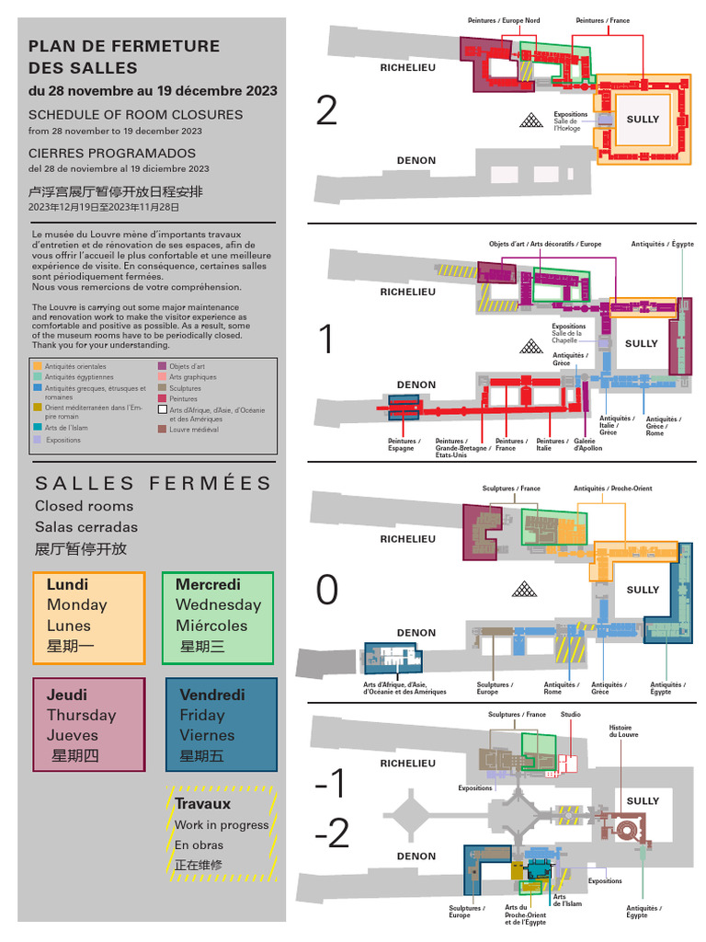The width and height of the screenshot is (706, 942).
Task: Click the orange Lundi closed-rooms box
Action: click(89, 618)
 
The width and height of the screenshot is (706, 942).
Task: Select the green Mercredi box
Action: click(218, 618)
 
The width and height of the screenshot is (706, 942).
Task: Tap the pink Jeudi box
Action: click(89, 725)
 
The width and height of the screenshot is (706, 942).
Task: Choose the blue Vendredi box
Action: click(222, 725)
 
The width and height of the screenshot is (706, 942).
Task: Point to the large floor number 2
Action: click(326, 111)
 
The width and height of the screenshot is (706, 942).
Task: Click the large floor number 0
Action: click(326, 591)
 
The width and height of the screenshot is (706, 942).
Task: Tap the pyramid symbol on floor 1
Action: click(530, 346)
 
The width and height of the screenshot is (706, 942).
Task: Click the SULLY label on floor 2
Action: click(643, 120)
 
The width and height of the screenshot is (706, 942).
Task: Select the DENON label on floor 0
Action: click(416, 633)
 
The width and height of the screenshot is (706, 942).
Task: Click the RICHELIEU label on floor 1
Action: click(408, 292)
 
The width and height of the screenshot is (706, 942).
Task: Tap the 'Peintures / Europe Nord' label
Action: click(504, 20)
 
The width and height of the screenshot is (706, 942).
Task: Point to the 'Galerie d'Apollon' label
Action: click(588, 444)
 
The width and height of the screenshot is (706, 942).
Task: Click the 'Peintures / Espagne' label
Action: click(404, 444)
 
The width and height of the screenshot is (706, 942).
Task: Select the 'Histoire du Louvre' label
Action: click(623, 731)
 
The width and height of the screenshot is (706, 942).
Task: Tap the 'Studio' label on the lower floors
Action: click(571, 715)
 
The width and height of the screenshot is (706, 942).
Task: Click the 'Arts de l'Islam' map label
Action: click(560, 901)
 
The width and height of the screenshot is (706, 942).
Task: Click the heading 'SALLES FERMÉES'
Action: click(154, 483)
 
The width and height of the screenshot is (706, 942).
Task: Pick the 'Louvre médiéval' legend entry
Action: click(193, 430)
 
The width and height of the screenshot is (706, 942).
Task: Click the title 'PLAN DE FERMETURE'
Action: click(124, 46)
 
